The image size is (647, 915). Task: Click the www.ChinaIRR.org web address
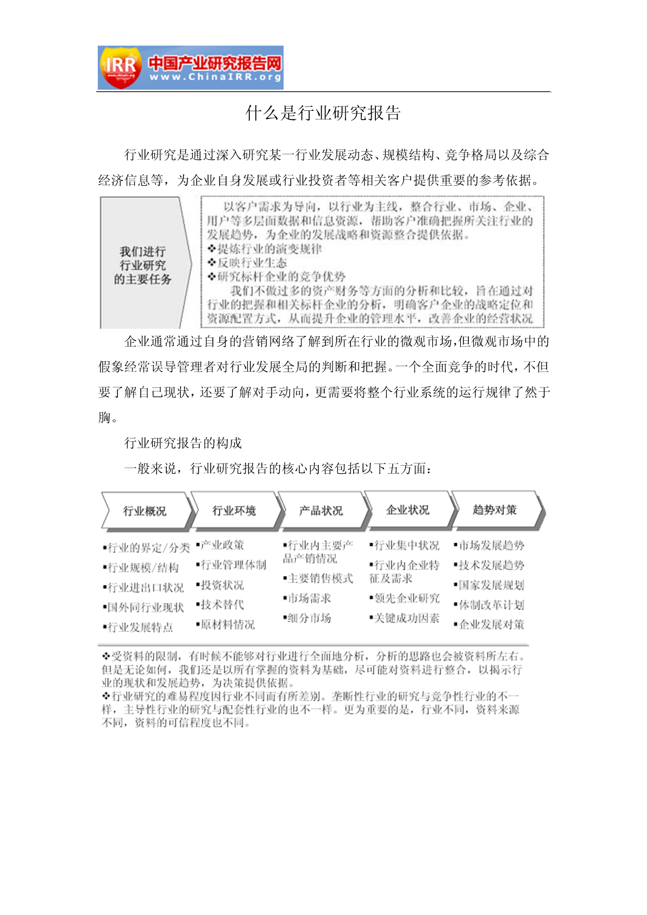[215, 78]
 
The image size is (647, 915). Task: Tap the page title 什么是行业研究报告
[323, 113]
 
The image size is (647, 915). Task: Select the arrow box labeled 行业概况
[145, 511]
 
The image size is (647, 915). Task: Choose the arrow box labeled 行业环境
[234, 511]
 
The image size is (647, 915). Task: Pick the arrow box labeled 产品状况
[321, 511]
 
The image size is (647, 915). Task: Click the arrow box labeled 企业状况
[407, 510]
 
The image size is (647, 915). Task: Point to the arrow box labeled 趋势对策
[494, 510]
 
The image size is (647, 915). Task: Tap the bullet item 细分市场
[309, 618]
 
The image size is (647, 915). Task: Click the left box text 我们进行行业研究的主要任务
[142, 265]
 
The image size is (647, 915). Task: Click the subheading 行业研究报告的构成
[183, 443]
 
